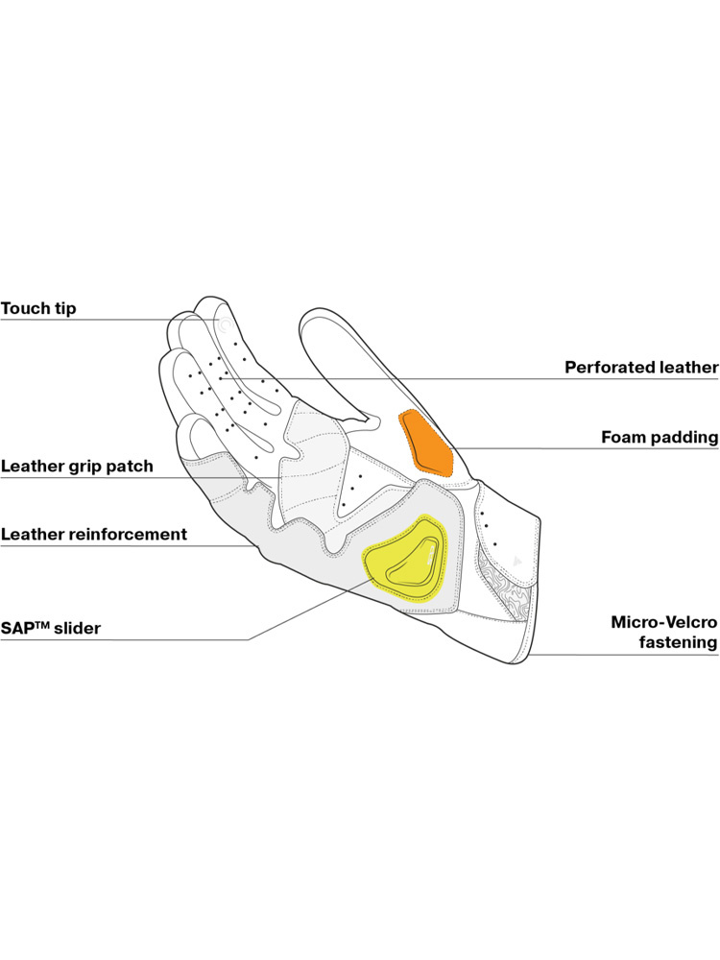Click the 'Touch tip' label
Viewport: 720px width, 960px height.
(38, 309)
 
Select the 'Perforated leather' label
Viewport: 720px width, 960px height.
(641, 367)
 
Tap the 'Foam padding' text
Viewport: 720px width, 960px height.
(660, 438)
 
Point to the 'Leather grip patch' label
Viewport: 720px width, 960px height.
(77, 467)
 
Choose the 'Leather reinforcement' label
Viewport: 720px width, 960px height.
(93, 534)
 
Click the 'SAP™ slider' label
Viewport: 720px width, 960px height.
(51, 630)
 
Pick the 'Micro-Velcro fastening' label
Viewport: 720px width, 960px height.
(664, 632)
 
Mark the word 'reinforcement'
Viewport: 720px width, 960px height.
(124, 534)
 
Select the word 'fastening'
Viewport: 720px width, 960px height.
(679, 642)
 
